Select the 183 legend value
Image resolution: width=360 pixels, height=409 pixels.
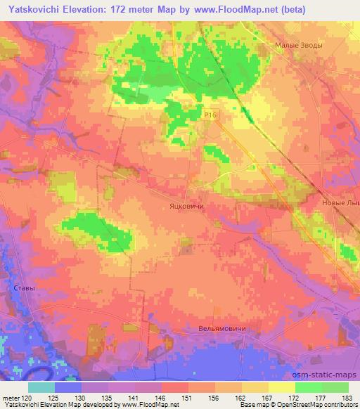click(x=347, y=397)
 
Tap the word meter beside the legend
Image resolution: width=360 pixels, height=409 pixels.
click(x=11, y=397)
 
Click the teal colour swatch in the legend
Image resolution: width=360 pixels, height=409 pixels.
click(x=41, y=387)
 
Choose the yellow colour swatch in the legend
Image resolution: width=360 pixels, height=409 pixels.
click(x=281, y=387)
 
